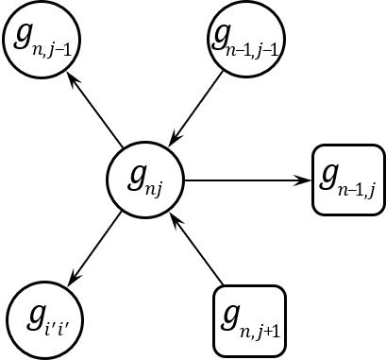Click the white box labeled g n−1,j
(348, 180)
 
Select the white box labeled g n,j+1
(249, 321)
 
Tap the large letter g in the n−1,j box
(330, 175)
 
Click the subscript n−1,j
(359, 190)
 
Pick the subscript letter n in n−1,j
(344, 189)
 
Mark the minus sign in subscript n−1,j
(352, 189)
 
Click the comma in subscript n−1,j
(365, 193)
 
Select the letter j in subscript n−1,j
(372, 190)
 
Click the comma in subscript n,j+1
(253, 334)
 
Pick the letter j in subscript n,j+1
(259, 332)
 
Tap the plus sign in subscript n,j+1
(267, 331)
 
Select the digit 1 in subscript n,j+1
(276, 330)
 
